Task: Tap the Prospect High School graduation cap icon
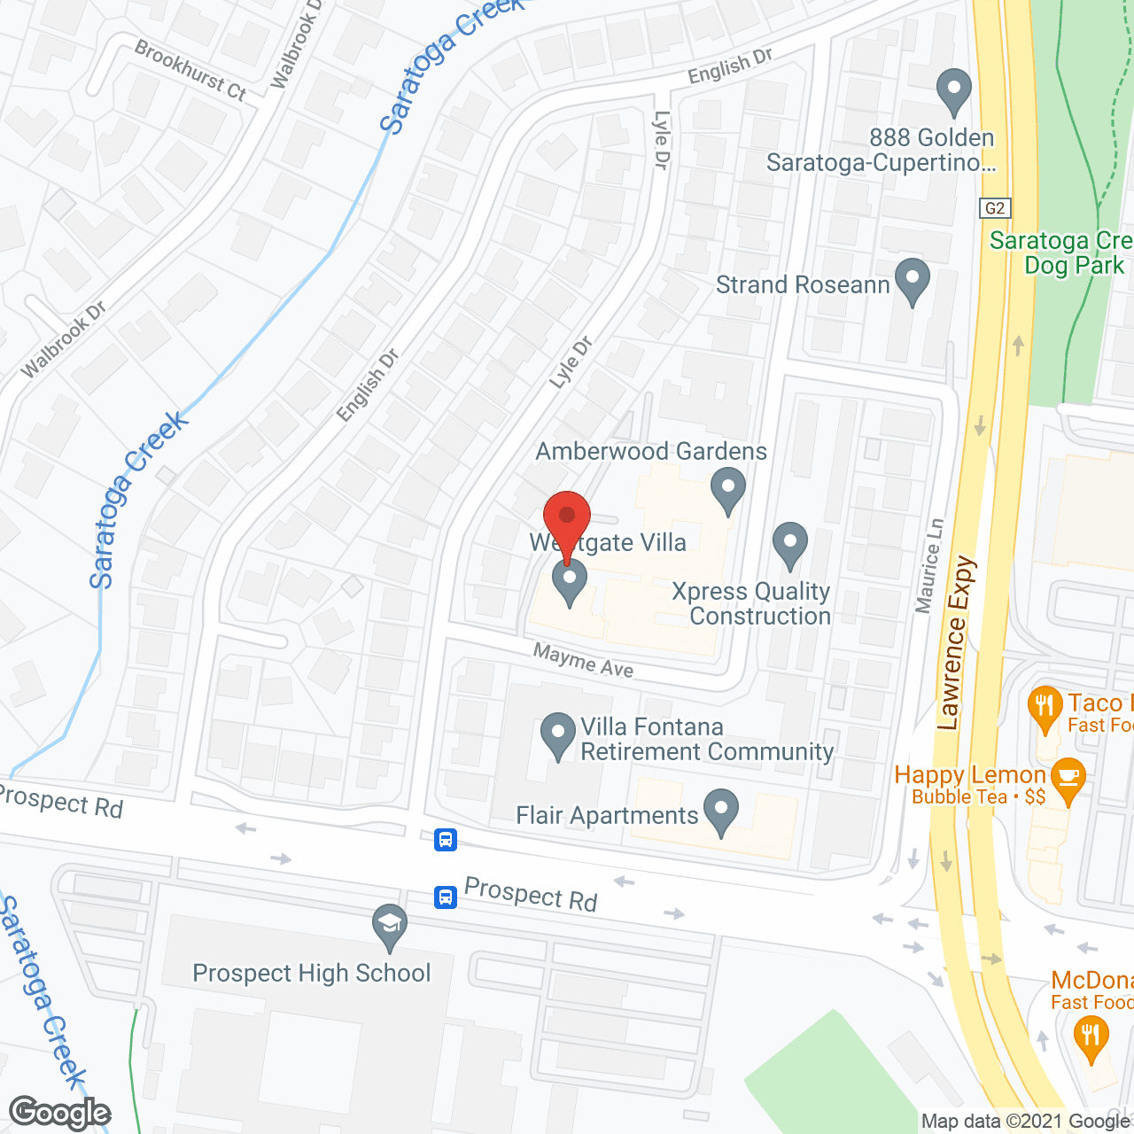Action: (x=389, y=926)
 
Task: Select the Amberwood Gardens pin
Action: (x=727, y=490)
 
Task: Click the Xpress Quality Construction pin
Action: (x=789, y=544)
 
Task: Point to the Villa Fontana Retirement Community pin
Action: (x=558, y=734)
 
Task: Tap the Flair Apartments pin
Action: (x=721, y=811)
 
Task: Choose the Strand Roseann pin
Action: (x=912, y=280)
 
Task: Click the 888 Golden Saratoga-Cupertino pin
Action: (x=953, y=90)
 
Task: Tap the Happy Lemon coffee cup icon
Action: (x=1069, y=780)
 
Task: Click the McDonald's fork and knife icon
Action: (x=1090, y=1037)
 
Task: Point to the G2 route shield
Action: (x=995, y=208)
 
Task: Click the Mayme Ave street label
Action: (x=583, y=660)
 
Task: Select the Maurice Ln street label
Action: (x=929, y=565)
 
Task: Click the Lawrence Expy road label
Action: (x=956, y=642)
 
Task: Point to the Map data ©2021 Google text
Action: (x=1026, y=1122)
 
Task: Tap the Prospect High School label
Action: (x=311, y=973)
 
